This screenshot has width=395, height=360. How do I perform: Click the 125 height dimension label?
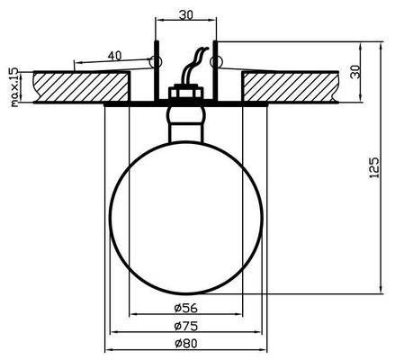tap(374, 166)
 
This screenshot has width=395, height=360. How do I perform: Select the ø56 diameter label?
tap(185, 306)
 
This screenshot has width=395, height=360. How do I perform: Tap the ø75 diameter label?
tap(185, 325)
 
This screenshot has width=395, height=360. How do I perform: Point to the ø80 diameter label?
tap(185, 343)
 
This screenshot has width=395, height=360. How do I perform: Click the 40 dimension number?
tap(114, 56)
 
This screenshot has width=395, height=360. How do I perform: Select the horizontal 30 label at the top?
tap(185, 13)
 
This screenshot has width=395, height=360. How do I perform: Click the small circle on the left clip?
tap(157, 62)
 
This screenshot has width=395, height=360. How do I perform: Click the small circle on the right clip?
tap(215, 62)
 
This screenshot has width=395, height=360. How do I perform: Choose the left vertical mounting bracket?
tap(156, 72)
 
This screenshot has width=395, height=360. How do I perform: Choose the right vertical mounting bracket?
tap(215, 72)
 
